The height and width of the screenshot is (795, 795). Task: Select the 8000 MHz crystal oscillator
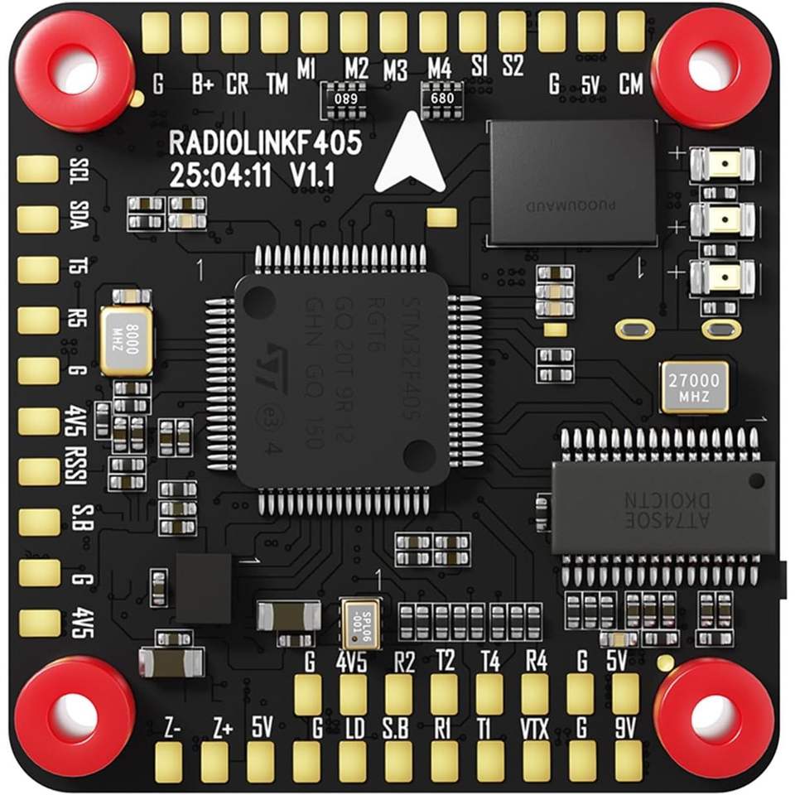(127, 341)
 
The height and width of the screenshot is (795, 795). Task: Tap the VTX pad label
(537, 731)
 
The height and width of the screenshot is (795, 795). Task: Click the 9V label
(625, 731)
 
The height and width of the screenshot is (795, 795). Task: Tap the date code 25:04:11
(216, 175)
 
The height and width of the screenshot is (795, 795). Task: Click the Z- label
(172, 730)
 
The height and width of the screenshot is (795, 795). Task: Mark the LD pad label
(354, 731)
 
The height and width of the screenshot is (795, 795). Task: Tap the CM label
(631, 84)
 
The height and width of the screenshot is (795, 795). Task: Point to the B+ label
(200, 84)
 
